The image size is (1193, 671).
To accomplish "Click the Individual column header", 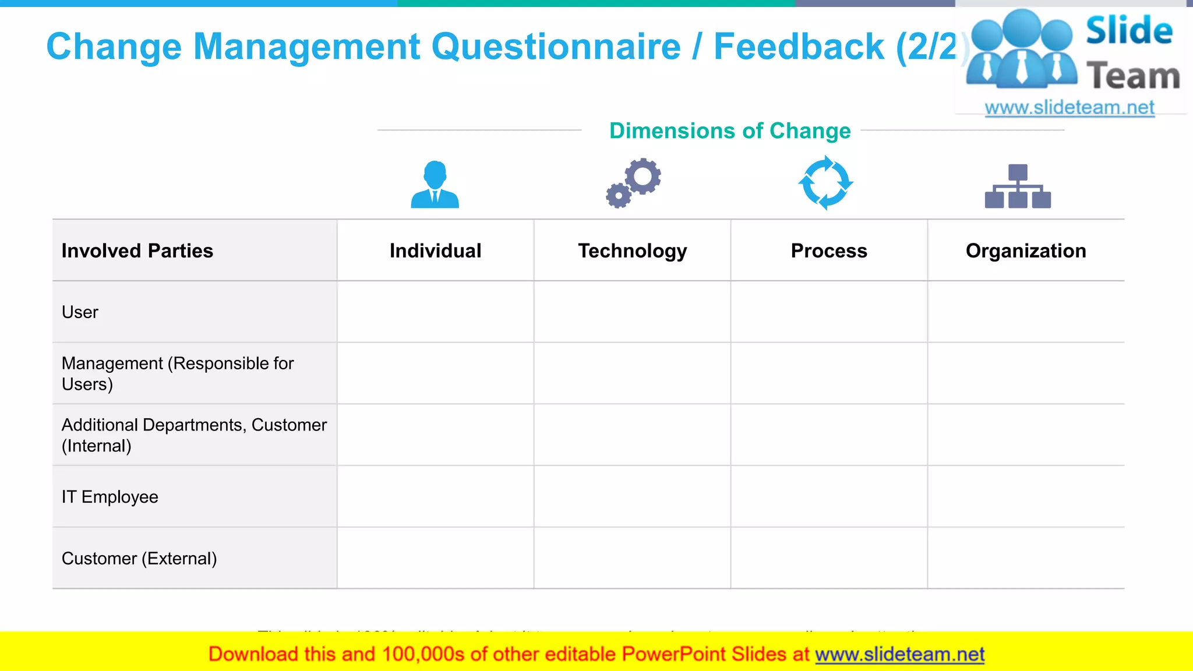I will tap(435, 250).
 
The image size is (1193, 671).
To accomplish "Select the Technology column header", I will tap(632, 250).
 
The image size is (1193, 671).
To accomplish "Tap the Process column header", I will tap(829, 250).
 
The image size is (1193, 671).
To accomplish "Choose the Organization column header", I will tap(1026, 250).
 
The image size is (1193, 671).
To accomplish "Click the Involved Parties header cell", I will tap(137, 250).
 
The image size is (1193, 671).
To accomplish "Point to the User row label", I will tap(80, 312).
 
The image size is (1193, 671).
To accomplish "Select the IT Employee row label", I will tap(110, 497).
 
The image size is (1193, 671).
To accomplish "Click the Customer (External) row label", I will tap(139, 559).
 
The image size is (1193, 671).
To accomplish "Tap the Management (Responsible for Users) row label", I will tap(178, 373).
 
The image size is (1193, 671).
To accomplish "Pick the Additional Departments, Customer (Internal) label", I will tap(194, 435).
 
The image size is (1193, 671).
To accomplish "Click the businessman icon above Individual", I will tap(435, 185).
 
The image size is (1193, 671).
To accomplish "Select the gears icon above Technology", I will tap(633, 183).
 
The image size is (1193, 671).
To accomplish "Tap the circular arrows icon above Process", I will tap(825, 183).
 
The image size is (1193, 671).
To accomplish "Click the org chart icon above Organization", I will tap(1018, 186).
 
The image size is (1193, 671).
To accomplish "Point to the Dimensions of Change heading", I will tap(730, 131).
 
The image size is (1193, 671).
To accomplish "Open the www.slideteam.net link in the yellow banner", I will tap(899, 654).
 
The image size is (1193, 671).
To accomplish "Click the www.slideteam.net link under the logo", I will tap(1070, 108).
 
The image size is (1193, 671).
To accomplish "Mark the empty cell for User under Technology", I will tap(632, 312).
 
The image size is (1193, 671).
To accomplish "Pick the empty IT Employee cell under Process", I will tap(829, 497).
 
